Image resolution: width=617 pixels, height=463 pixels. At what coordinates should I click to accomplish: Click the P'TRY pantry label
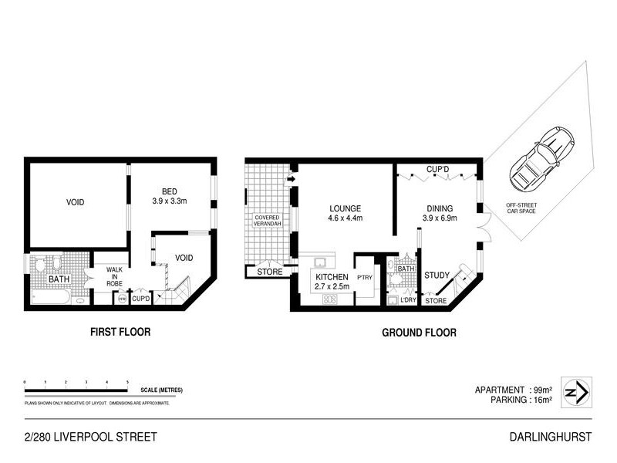tap(364, 279)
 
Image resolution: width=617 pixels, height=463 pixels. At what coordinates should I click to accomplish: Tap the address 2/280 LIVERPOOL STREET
tap(90, 437)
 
